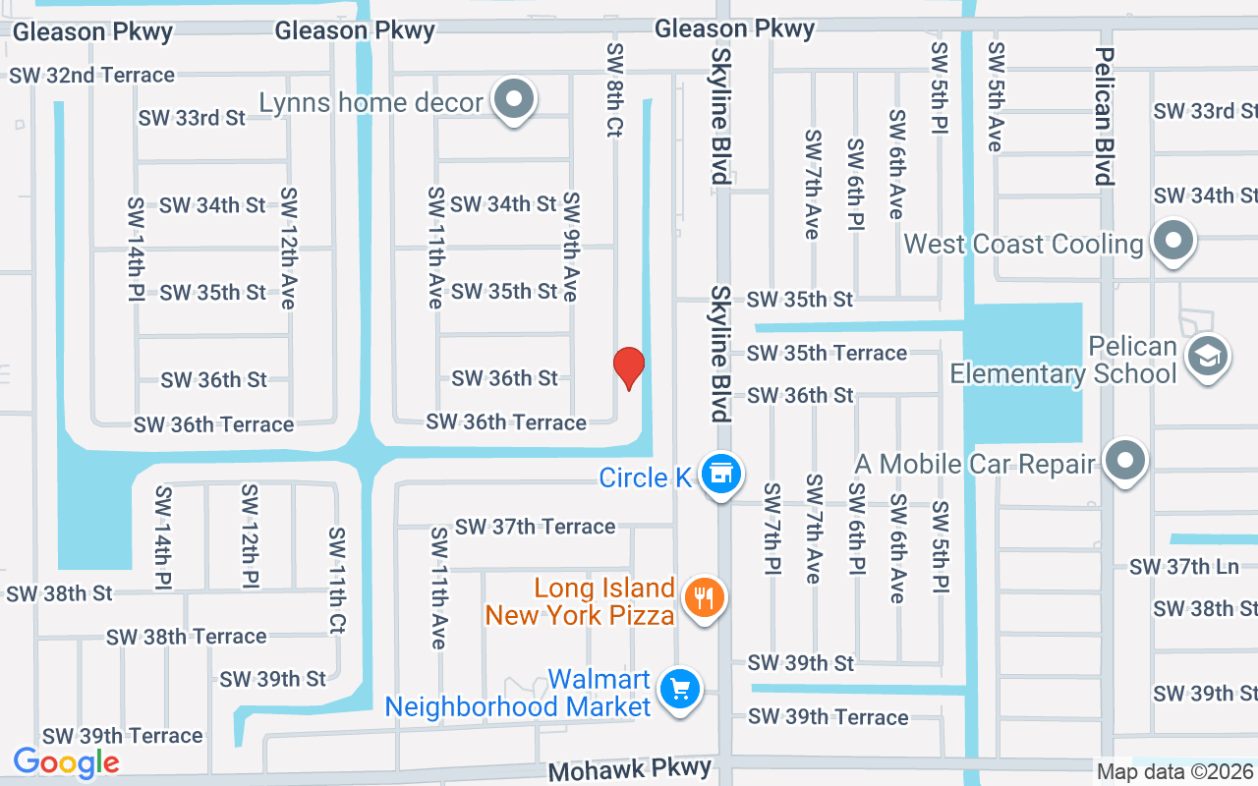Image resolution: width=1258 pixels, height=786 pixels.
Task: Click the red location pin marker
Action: point(629,368)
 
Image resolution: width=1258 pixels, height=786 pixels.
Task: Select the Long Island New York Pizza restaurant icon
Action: point(703,596)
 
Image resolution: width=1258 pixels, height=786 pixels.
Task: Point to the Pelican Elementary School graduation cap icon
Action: point(1207,357)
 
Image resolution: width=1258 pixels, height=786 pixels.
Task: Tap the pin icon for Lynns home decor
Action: point(513,99)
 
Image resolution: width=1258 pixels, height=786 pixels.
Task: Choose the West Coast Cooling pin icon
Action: point(1172,241)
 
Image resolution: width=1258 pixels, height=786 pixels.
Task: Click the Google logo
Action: point(66,762)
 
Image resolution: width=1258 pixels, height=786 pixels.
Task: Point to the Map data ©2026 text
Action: point(1174,772)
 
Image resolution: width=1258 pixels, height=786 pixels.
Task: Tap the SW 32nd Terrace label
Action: point(92,75)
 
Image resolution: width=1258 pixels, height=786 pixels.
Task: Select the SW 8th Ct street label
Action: point(615,88)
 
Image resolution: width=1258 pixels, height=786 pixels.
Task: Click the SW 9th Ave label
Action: point(571,246)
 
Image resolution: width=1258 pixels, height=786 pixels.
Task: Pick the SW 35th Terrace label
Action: point(827,353)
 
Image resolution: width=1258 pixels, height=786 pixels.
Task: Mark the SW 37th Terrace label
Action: point(536,527)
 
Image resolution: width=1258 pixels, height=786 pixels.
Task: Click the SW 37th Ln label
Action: point(1183,567)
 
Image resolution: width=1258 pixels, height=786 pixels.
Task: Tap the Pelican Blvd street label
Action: point(1105,116)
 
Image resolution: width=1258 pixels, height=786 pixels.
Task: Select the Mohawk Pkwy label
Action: point(630,769)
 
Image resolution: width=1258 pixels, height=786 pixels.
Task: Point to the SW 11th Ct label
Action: point(336,580)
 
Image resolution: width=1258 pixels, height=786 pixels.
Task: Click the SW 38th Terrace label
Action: point(186,636)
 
